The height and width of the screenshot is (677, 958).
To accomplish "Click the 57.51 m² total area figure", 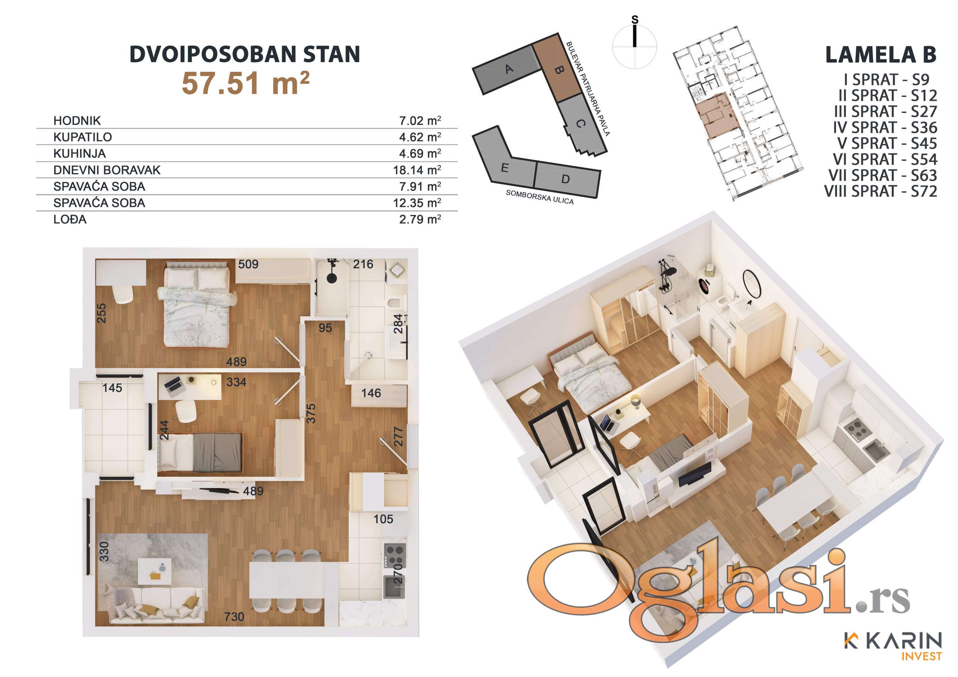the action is (x=246, y=83).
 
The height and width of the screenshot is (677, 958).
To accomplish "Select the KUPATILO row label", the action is (x=83, y=137).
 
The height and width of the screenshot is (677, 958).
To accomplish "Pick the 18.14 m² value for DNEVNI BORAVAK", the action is (x=417, y=170).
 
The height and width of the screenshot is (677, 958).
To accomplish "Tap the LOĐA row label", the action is (x=70, y=220).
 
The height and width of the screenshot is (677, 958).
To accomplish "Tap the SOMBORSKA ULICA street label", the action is (x=540, y=197).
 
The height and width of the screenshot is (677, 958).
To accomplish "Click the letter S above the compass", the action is (x=635, y=19).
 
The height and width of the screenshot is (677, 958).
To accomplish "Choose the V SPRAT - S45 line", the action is (x=887, y=144).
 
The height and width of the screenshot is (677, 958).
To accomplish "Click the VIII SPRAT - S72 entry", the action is (x=881, y=192).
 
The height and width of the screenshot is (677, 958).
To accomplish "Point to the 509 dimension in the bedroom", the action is (x=248, y=264).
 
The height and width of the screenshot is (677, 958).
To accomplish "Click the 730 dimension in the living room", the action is (x=234, y=616).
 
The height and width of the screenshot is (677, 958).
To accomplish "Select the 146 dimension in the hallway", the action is (x=371, y=393).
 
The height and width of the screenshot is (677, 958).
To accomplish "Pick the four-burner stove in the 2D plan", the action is (x=394, y=555).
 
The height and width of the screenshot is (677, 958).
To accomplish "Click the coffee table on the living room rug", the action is (x=155, y=571).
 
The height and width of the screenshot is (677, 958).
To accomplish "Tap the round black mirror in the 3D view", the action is (x=752, y=284).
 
